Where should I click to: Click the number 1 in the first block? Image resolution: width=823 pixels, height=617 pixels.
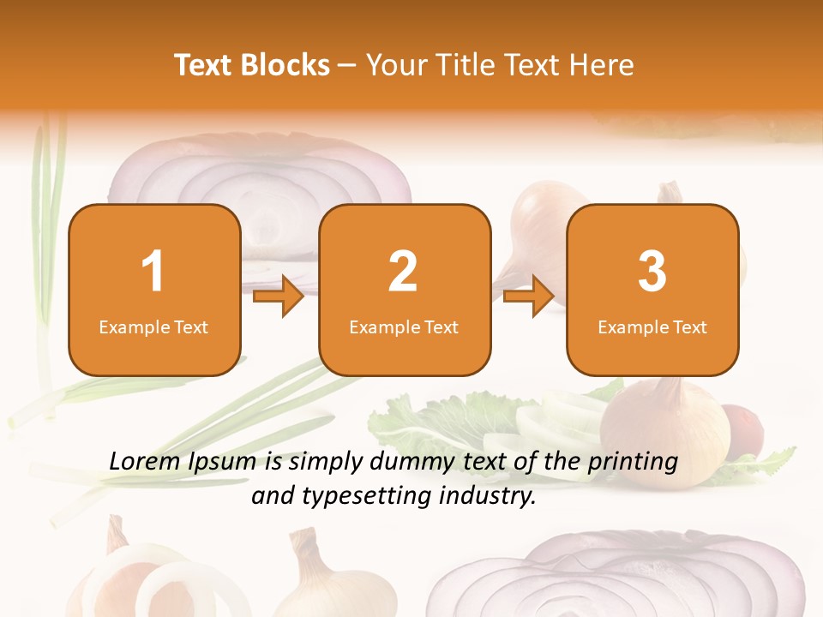click(x=153, y=272)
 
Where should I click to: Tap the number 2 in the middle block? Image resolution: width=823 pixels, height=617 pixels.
click(x=403, y=272)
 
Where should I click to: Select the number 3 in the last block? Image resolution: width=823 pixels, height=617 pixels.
click(x=652, y=272)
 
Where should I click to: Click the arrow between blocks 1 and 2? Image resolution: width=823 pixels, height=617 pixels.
click(x=279, y=297)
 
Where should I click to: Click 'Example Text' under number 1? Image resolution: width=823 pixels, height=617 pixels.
click(x=153, y=327)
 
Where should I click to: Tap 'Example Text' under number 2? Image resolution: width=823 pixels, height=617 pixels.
click(x=404, y=327)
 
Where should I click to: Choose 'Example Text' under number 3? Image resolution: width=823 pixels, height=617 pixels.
click(x=652, y=327)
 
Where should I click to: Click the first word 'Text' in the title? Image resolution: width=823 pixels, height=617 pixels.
click(x=204, y=65)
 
